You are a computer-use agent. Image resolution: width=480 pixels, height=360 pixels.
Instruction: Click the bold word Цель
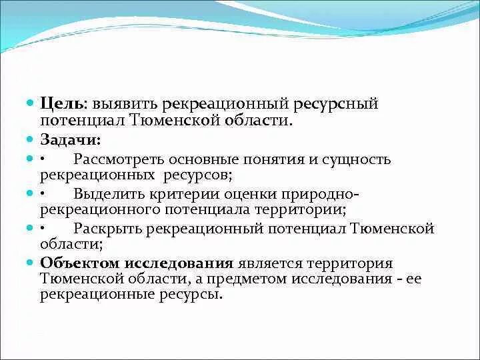(61, 105)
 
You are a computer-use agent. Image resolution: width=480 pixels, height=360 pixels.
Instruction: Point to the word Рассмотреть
(119, 161)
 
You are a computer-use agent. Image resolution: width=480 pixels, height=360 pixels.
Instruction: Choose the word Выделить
(107, 195)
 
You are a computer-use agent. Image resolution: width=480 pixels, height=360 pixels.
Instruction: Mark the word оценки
(245, 195)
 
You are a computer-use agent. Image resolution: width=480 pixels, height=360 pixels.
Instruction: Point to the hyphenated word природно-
(317, 195)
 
